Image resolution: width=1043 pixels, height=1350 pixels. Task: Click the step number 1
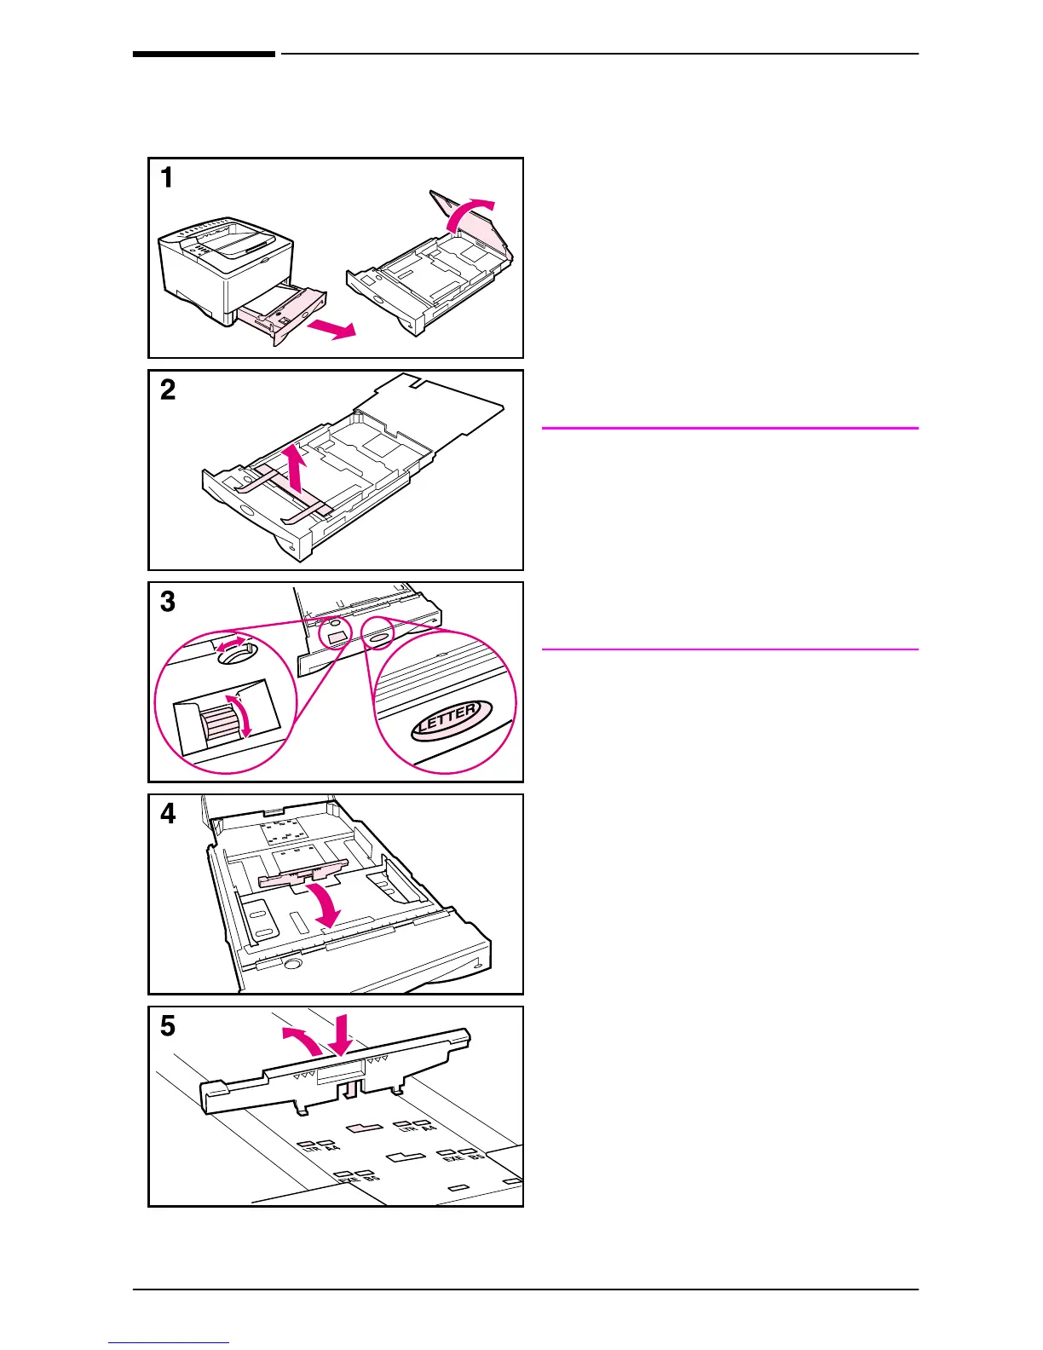[167, 178]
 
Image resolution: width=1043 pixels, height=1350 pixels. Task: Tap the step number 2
[168, 390]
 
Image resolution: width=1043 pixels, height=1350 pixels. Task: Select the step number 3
[168, 602]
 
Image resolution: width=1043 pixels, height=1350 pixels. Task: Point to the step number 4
[168, 814]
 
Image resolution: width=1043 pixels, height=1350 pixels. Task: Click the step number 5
[168, 1025]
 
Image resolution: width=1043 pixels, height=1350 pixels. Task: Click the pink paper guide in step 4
[303, 876]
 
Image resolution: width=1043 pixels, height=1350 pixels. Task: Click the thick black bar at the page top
[204, 55]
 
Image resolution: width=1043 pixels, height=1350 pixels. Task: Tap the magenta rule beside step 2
[729, 428]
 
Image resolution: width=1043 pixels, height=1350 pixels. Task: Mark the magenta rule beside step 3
[729, 649]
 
